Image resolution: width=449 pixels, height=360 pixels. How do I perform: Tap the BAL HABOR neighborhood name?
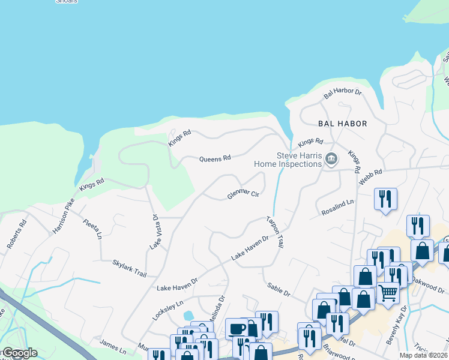(x=342, y=124)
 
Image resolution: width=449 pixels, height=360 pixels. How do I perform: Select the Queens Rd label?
(x=215, y=158)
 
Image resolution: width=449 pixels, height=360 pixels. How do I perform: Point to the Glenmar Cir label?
(x=243, y=194)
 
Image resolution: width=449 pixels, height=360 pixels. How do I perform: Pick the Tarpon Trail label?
(x=276, y=232)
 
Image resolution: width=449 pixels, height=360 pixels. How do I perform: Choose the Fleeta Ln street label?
(x=92, y=229)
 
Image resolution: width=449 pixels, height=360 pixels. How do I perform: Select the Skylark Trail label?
(x=129, y=268)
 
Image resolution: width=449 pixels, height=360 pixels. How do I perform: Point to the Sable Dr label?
(x=279, y=290)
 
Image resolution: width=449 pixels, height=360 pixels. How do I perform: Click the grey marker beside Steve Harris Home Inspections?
(x=331, y=159)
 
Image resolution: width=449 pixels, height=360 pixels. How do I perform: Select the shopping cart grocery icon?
(x=388, y=293)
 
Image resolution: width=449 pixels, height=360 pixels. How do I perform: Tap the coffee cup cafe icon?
(x=235, y=328)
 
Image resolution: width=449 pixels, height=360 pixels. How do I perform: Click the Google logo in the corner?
(x=20, y=353)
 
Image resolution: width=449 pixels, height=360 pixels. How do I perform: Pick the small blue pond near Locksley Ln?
(x=189, y=315)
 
